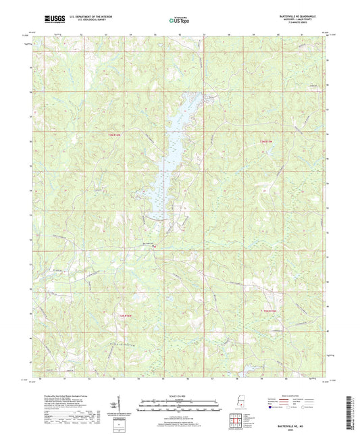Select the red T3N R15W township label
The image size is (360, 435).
coord(267,140)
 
